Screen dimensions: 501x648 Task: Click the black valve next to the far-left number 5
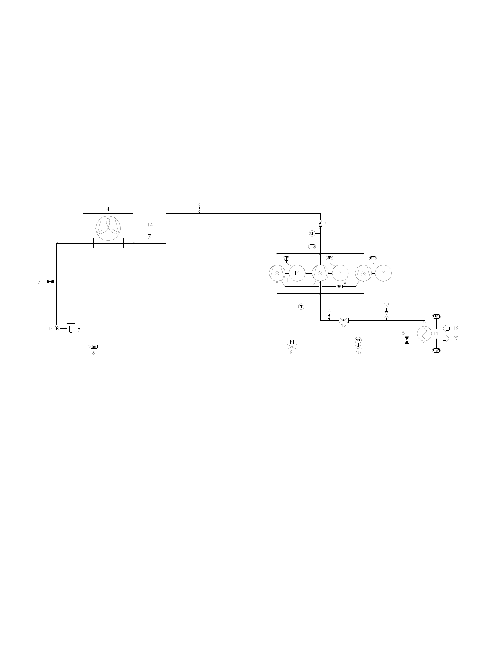50,282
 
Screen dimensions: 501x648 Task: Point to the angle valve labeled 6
57,327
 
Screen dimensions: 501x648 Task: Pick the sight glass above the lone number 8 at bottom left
94,347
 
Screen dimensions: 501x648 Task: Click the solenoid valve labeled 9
292,346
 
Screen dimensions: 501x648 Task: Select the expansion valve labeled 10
358,346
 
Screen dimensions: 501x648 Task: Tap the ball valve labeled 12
344,320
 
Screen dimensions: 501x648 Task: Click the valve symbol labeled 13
386,315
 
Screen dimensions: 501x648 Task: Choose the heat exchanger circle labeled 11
425,333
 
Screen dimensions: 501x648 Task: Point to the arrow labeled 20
447,338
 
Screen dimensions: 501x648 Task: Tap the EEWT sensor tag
436,317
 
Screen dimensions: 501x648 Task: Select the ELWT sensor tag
436,351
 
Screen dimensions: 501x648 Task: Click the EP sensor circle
301,307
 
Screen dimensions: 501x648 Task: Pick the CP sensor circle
312,233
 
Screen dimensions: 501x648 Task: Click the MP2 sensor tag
330,258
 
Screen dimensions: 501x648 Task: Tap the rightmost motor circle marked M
384,273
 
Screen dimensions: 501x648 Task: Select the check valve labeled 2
320,224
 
